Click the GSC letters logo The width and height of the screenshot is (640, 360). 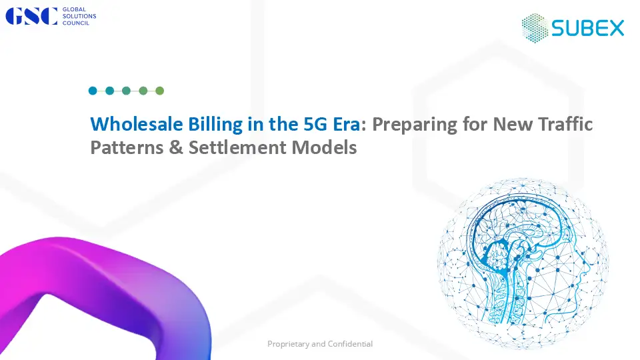click(31, 16)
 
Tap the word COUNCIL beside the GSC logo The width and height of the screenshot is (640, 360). click(76, 23)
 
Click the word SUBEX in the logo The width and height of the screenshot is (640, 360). click(588, 28)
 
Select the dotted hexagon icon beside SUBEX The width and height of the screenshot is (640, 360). click(535, 28)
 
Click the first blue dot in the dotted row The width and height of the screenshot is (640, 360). click(93, 91)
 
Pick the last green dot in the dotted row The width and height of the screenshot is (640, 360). click(159, 91)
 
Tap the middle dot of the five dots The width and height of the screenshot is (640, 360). click(126, 91)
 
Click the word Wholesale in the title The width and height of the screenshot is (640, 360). click(136, 124)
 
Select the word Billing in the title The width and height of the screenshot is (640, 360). click(215, 125)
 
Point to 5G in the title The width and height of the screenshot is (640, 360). click(315, 124)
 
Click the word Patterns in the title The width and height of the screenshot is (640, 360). click(127, 147)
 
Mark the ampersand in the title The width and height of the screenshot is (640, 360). click(176, 147)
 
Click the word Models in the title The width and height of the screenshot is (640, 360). click(324, 147)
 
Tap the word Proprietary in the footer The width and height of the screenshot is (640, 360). click(288, 344)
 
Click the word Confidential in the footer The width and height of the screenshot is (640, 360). click(350, 344)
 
